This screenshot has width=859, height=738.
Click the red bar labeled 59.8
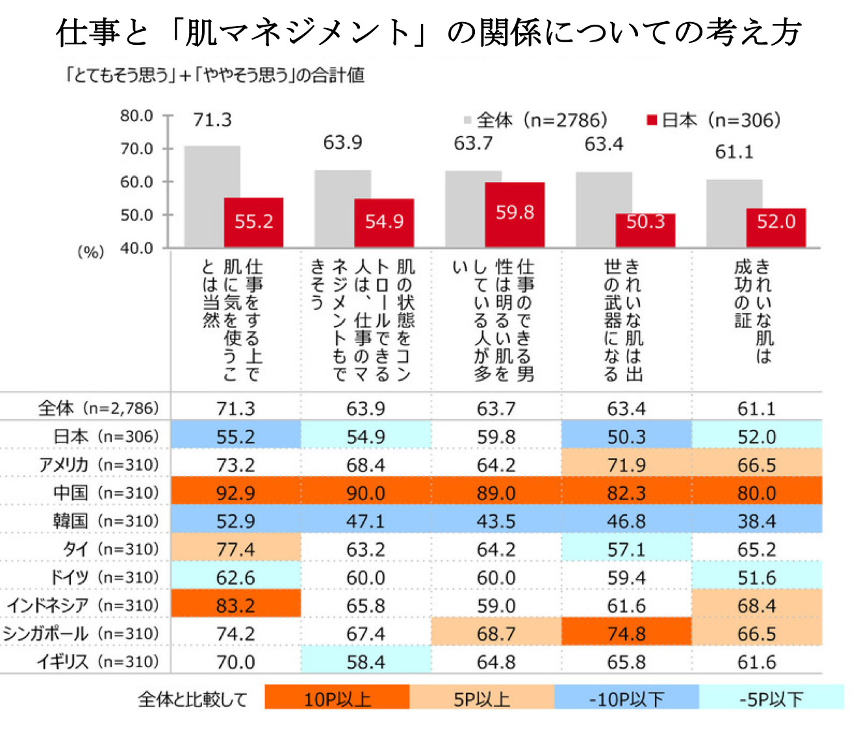click(x=515, y=215)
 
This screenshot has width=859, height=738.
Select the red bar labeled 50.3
click(x=645, y=231)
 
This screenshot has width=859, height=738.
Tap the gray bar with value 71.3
click(x=212, y=197)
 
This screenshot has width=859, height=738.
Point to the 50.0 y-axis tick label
click(x=136, y=215)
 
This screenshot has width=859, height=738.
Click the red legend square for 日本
click(x=652, y=120)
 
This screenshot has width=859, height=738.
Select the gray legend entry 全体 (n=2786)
click(x=535, y=120)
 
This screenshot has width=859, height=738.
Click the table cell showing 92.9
click(x=236, y=493)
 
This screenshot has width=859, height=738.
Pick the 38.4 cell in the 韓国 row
click(x=757, y=521)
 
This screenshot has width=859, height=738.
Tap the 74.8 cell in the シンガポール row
click(x=626, y=633)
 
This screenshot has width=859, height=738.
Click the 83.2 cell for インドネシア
click(x=236, y=605)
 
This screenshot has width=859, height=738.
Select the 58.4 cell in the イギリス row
click(x=366, y=662)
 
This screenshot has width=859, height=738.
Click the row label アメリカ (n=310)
click(x=99, y=464)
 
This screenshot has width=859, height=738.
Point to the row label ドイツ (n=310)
click(x=105, y=577)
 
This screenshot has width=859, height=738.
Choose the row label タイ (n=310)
click(x=111, y=549)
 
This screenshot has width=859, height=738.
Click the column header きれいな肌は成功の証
click(x=754, y=311)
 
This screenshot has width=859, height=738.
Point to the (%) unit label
click(x=90, y=252)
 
